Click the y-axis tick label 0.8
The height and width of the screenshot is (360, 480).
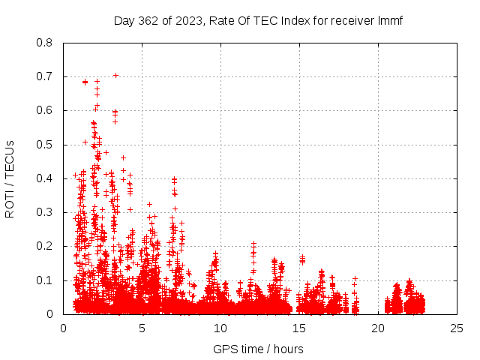pyautogui.click(x=46, y=43)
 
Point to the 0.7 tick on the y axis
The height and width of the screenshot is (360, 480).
pyautogui.click(x=46, y=76)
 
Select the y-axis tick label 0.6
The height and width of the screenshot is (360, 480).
pyautogui.click(x=46, y=110)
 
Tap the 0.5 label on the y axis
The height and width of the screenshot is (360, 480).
pyautogui.click(x=46, y=145)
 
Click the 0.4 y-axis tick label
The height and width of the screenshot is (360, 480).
pyautogui.click(x=46, y=178)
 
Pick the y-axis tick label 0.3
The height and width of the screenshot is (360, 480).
pyautogui.click(x=46, y=212)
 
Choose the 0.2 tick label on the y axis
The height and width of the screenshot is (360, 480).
pyautogui.click(x=46, y=246)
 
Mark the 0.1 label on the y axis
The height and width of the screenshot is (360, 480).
pyautogui.click(x=46, y=280)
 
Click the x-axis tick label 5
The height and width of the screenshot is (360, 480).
pyautogui.click(x=142, y=328)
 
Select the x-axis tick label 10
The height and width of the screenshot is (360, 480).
pyautogui.click(x=220, y=328)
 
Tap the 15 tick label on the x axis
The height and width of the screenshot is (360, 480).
pyautogui.click(x=299, y=328)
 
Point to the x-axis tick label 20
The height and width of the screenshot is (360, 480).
pyautogui.click(x=378, y=328)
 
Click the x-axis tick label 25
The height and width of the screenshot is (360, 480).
pyautogui.click(x=457, y=328)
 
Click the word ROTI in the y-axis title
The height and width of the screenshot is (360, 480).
pyautogui.click(x=10, y=202)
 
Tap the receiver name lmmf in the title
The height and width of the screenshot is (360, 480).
pyautogui.click(x=389, y=20)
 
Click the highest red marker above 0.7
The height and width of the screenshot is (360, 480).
pyautogui.click(x=115, y=75)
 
